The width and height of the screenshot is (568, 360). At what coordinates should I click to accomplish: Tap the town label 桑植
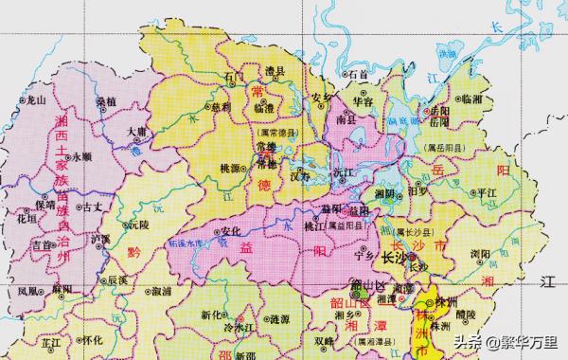[107, 99]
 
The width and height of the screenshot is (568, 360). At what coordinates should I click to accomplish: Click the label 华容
[364, 99]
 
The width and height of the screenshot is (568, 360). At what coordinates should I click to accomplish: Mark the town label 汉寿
[299, 176]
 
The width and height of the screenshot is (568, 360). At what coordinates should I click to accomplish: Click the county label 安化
[227, 230]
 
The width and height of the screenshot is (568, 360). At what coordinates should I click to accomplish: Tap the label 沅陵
[138, 225]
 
